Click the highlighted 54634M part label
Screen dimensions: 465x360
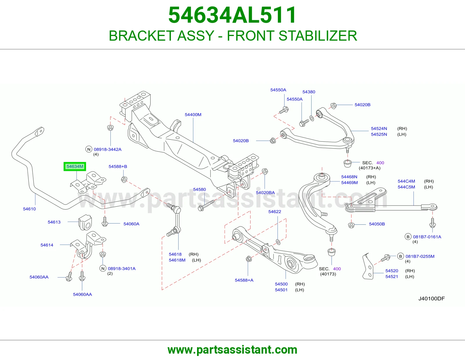pyautogui.click(x=75, y=166)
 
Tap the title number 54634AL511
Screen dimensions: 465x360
pyautogui.click(x=233, y=15)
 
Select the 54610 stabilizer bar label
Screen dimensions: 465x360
pyautogui.click(x=29, y=209)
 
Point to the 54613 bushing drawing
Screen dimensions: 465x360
pyautogui.click(x=85, y=222)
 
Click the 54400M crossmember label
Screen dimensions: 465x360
pyautogui.click(x=193, y=115)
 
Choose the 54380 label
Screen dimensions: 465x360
pyautogui.click(x=309, y=92)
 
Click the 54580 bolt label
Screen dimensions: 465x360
pyautogui.click(x=199, y=189)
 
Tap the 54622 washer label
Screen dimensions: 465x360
pyautogui.click(x=275, y=212)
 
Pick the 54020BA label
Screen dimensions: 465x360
pyautogui.click(x=265, y=192)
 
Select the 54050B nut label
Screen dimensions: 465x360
pyautogui.click(x=377, y=224)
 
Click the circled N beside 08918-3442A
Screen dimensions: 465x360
pyautogui.click(x=89, y=149)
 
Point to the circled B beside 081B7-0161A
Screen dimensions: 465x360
pyautogui.click(x=408, y=237)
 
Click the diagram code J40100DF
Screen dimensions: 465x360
pyautogui.click(x=431, y=298)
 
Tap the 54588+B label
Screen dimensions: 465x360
pyautogui.click(x=118, y=166)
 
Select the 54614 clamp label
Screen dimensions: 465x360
pyautogui.click(x=47, y=245)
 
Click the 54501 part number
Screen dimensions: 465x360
pyautogui.click(x=281, y=290)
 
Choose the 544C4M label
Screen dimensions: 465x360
pyautogui.click(x=406, y=181)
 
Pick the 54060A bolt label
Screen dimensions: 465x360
pyautogui.click(x=131, y=224)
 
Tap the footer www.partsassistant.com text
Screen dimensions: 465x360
pyautogui.click(x=233, y=350)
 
